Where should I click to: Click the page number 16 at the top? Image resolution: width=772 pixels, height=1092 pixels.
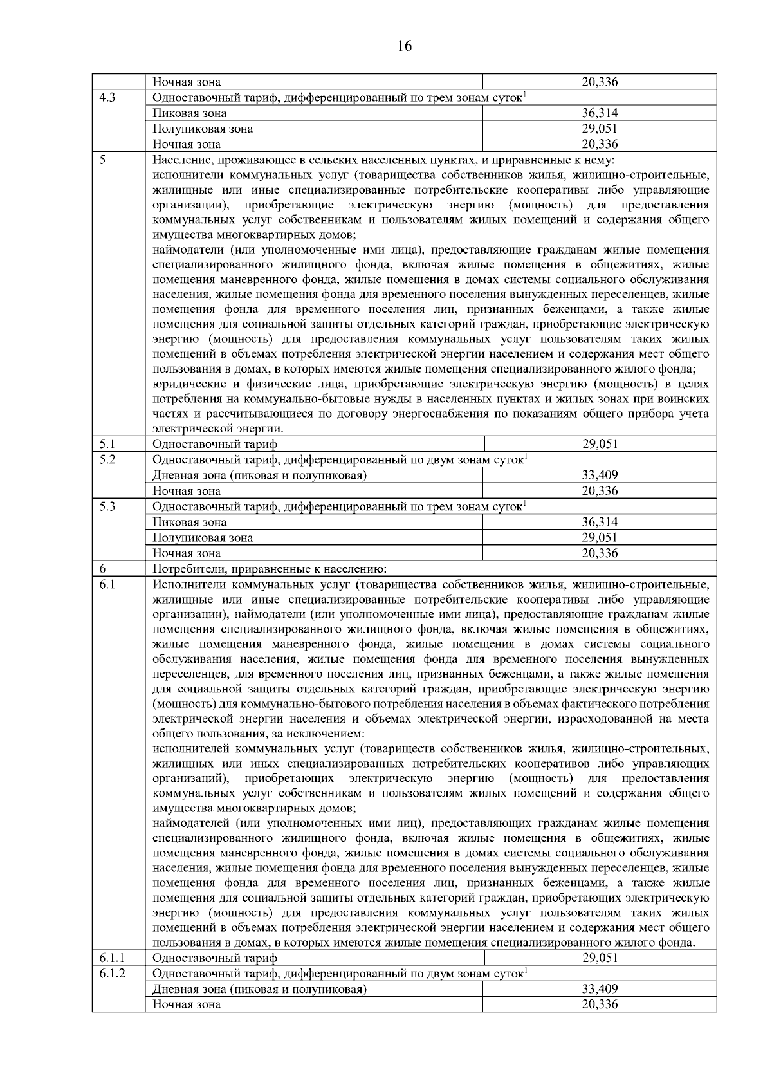405,46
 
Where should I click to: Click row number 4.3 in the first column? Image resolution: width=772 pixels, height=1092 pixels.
107,98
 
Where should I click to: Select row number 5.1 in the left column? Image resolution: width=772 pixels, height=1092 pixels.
107,444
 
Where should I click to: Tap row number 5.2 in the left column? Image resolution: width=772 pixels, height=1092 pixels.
107,459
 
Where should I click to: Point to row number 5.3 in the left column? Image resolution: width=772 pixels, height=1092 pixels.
107,506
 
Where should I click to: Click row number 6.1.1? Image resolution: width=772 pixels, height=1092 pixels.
112,958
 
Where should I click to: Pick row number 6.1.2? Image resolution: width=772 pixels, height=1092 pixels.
112,974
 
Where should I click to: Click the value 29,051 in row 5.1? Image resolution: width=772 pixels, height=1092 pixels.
600,444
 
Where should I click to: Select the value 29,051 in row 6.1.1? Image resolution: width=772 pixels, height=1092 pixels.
600,958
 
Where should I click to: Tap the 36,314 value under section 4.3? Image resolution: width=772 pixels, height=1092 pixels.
600,113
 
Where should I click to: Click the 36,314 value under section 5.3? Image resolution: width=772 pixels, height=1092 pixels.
600,522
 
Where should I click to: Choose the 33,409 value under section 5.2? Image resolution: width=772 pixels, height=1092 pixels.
600,476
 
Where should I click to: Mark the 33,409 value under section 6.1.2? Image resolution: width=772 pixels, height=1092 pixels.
600,989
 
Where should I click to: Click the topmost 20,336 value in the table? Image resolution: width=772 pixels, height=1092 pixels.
600,82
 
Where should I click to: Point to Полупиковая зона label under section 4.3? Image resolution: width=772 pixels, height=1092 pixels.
203,129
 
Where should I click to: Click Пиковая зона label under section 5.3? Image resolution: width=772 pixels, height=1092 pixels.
189,522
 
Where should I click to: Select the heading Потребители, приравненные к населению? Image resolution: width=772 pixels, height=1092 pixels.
269,569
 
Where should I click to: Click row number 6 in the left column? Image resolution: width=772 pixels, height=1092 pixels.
103,569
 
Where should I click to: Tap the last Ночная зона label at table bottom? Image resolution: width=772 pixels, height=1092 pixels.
187,1004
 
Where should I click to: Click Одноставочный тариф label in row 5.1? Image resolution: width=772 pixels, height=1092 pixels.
214,444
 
